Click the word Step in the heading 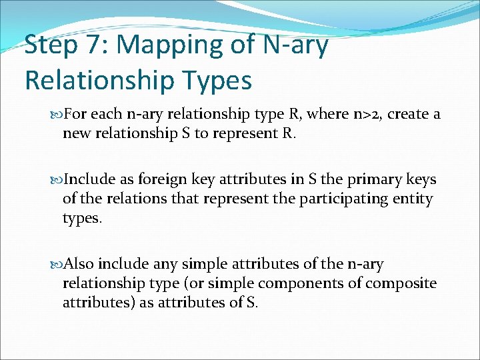coord(52,46)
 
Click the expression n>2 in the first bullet coord(365,114)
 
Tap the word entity coord(413,198)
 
